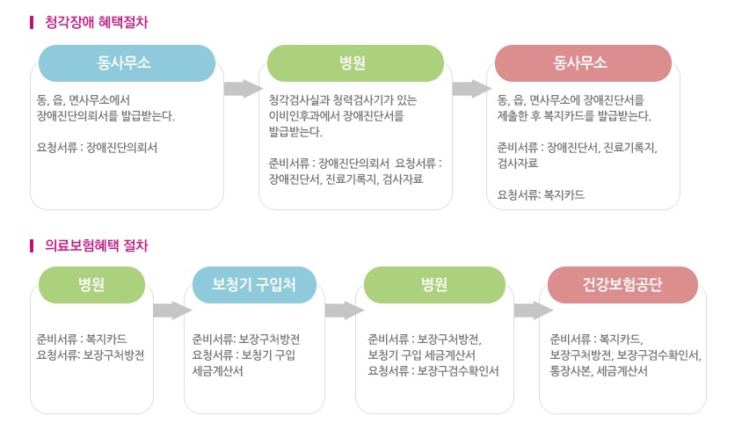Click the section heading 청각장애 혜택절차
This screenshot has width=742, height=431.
tap(96, 22)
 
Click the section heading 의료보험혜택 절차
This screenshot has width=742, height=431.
tap(96, 245)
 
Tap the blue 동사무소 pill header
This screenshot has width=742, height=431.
tap(127, 63)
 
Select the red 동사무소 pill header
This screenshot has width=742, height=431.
tap(583, 63)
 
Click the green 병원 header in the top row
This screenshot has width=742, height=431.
tap(355, 63)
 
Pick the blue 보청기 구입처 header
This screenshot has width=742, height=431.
tap(254, 285)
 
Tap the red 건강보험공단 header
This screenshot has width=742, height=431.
tap(622, 285)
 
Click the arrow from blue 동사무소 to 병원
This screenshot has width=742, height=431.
tap(244, 89)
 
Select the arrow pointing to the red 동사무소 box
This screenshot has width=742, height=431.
tap(472, 89)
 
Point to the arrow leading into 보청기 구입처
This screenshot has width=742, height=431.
tap(172, 310)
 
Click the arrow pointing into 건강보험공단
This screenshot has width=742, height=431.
tap(534, 310)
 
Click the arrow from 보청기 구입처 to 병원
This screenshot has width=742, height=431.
tap(345, 310)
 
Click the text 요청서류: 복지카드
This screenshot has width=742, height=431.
tap(541, 194)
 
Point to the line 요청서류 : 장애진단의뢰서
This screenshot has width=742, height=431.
tap(97, 147)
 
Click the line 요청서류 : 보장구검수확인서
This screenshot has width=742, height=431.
tap(433, 371)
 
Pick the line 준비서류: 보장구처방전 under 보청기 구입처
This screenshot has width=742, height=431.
tap(246, 340)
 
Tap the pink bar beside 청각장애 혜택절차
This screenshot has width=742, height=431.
tap(32, 22)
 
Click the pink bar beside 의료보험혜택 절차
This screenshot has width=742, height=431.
tap(32, 245)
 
